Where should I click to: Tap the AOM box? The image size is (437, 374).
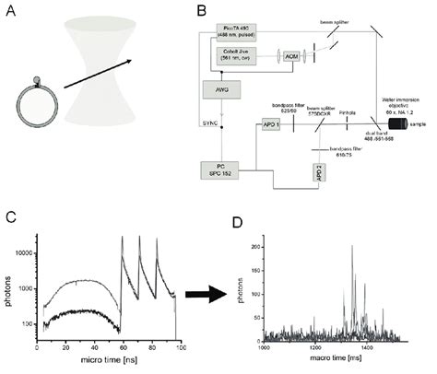click(x=292, y=58)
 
